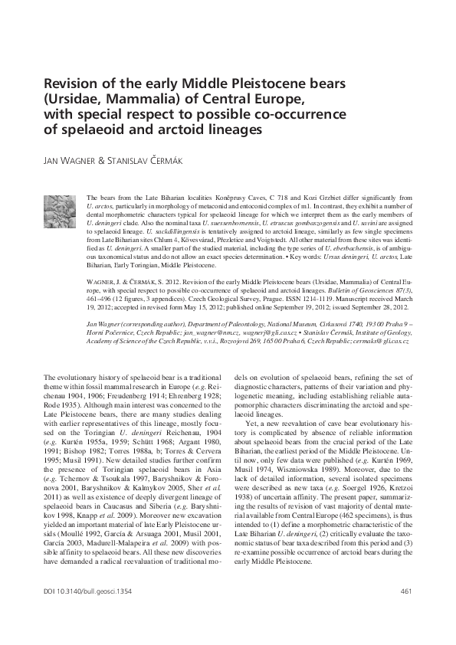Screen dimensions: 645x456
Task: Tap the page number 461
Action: pos(405,613)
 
